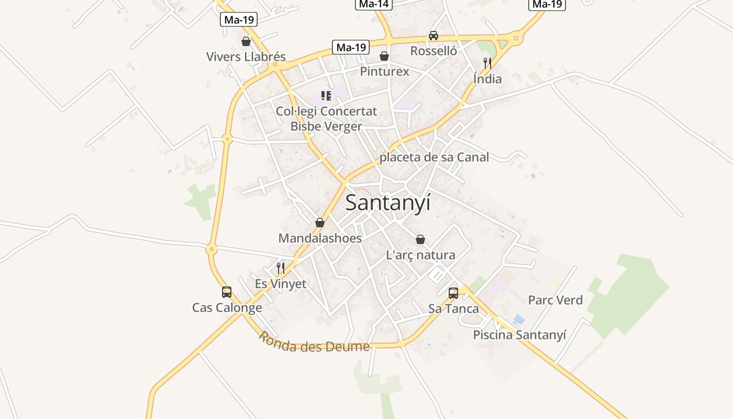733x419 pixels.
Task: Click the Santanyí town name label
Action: click(388, 203)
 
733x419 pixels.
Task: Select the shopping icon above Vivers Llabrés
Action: click(246, 41)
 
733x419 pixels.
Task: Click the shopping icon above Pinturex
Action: click(384, 56)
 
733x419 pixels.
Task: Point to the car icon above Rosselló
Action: click(434, 36)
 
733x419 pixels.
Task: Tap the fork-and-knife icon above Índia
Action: click(487, 63)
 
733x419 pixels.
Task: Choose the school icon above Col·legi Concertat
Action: click(326, 96)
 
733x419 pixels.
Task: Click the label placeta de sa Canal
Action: click(434, 157)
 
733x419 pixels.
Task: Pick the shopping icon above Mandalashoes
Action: click(320, 223)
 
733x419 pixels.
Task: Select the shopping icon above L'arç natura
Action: click(420, 239)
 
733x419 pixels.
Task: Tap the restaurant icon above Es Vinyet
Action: click(281, 268)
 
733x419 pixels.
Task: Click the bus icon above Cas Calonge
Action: click(227, 292)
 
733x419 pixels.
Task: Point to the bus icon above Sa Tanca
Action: click(453, 293)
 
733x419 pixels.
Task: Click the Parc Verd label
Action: click(555, 300)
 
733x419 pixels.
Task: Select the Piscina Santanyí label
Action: click(519, 335)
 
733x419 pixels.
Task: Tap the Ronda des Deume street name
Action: click(314, 343)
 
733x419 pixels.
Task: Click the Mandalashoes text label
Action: click(320, 238)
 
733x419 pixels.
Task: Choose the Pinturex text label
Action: click(384, 71)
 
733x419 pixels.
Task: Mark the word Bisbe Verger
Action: click(326, 126)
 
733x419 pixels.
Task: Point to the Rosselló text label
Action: click(434, 51)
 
